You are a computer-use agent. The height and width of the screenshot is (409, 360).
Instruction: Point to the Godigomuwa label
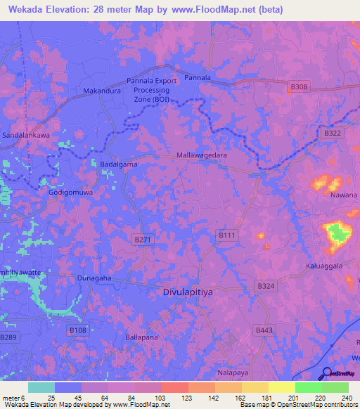click(70, 191)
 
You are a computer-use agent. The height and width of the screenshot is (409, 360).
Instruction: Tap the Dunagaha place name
click(94, 278)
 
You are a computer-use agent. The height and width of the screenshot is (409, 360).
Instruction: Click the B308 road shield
click(298, 87)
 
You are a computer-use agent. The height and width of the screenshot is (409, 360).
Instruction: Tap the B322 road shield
click(333, 132)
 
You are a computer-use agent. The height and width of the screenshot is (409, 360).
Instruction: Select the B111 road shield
click(226, 235)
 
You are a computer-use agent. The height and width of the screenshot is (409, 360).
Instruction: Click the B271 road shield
click(141, 240)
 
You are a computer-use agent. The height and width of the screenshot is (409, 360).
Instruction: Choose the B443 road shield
click(264, 330)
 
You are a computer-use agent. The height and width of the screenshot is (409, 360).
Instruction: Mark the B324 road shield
click(266, 285)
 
